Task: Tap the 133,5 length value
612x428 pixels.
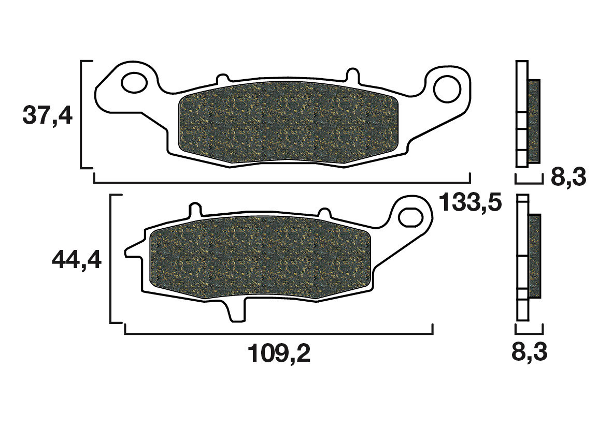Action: (470, 203)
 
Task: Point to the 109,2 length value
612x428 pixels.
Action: (279, 353)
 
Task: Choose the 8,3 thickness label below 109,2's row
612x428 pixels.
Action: (529, 353)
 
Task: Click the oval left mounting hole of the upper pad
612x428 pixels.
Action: (135, 82)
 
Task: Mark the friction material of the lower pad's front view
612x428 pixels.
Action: (260, 258)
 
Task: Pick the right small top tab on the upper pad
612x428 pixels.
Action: (352, 73)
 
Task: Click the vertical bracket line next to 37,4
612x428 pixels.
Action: (82, 114)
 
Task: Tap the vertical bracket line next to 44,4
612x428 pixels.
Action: (111, 259)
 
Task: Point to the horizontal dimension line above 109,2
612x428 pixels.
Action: (279, 333)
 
